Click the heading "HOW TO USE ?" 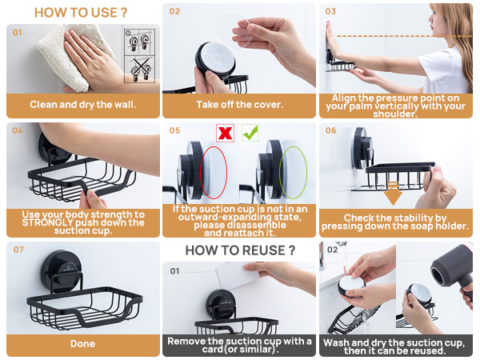click(x=81, y=13)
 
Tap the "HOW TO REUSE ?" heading click(x=240, y=250)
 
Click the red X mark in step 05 click(x=226, y=133)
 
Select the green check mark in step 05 click(x=250, y=133)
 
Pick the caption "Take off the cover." click(x=240, y=105)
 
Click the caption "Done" click(x=82, y=344)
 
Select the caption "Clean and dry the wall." click(x=83, y=105)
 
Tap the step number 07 click(x=18, y=250)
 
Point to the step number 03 click(x=330, y=12)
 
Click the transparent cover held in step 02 click(x=234, y=31)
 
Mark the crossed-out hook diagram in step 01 click(x=140, y=70)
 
